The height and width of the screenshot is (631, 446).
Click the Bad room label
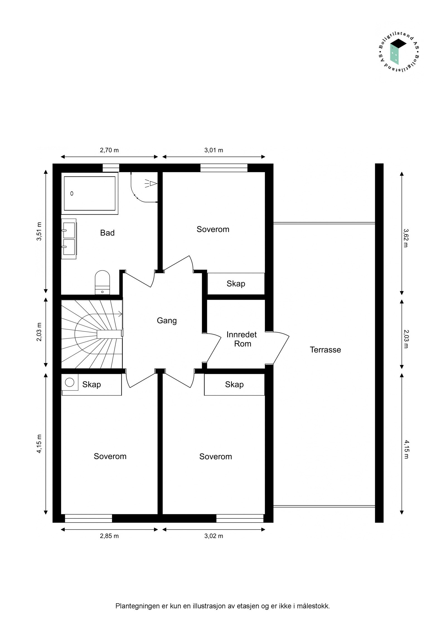click(107, 233)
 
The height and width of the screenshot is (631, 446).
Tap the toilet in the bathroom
click(102, 282)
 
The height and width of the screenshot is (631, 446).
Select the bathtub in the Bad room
click(89, 193)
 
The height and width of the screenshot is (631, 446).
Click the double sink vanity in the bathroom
click(69, 239)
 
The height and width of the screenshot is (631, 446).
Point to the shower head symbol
click(152, 183)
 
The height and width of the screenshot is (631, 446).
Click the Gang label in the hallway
click(167, 321)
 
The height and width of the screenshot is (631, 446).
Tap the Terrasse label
click(325, 350)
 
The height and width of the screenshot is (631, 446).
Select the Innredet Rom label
click(242, 339)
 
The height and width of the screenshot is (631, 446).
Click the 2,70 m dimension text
click(109, 150)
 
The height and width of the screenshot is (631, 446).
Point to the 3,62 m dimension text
click(406, 238)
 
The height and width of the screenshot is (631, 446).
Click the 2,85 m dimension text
click(109, 536)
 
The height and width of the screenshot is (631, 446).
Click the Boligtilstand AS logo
click(399, 53)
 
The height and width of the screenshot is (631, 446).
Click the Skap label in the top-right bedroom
click(236, 284)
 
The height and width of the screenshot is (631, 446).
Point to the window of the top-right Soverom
click(224, 168)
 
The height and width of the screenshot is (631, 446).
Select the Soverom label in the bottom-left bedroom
click(110, 456)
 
